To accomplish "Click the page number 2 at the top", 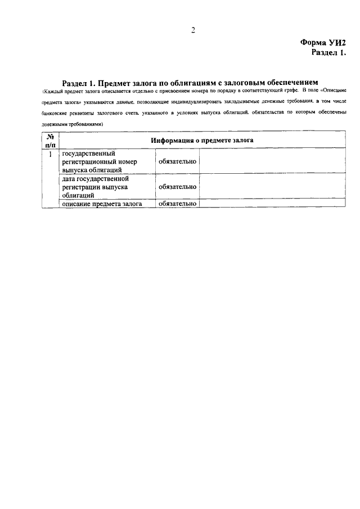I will [x=192, y=30].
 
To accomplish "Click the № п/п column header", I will [x=50, y=141].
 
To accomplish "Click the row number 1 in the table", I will [x=50, y=154].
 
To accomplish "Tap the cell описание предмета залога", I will [x=101, y=204].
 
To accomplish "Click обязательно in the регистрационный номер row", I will [x=177, y=161].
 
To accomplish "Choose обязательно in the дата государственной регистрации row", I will [x=177, y=187].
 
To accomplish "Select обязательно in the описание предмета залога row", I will [x=177, y=204].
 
